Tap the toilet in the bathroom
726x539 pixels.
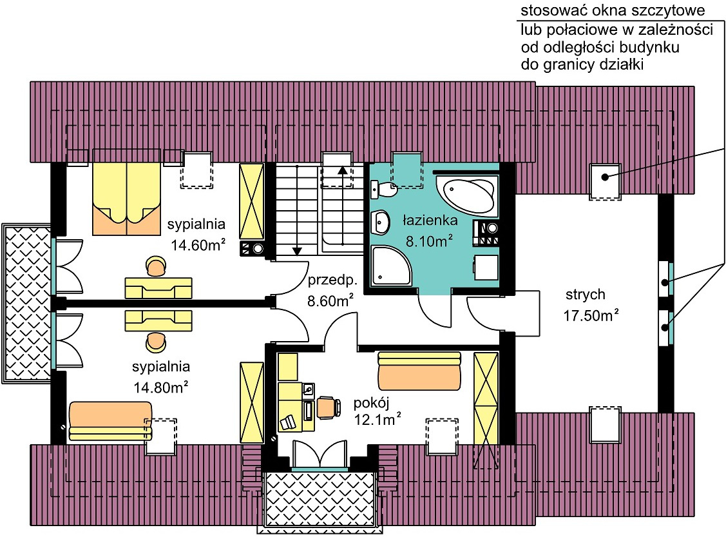pos(383,190)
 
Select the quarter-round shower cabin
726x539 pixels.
pos(390,266)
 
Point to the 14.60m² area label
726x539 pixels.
pos(198,245)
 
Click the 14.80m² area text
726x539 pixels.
pos(160,387)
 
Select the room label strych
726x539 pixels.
pos(585,295)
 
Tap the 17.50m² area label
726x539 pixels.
pos(591,316)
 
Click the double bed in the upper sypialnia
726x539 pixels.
pos(126,192)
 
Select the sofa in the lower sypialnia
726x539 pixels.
pos(110,421)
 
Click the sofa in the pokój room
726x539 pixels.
pos(419,371)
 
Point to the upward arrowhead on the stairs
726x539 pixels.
pos(343,170)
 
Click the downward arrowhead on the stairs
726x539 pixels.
pos(297,251)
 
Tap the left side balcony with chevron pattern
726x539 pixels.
pos(27,303)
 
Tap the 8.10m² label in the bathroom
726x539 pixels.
pos(429,241)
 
